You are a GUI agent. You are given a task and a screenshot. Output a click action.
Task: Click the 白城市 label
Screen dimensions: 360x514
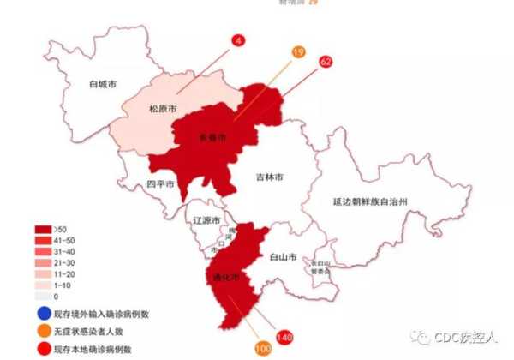pos(105,85)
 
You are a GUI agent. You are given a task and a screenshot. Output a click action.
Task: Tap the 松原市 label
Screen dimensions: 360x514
pos(163,109)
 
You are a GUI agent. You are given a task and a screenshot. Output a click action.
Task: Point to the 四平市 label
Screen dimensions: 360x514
pos(160,183)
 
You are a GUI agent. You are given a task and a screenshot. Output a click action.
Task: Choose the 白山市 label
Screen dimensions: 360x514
pos(283,256)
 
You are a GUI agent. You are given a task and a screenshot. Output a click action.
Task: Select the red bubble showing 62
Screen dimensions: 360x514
pos(326,62)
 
